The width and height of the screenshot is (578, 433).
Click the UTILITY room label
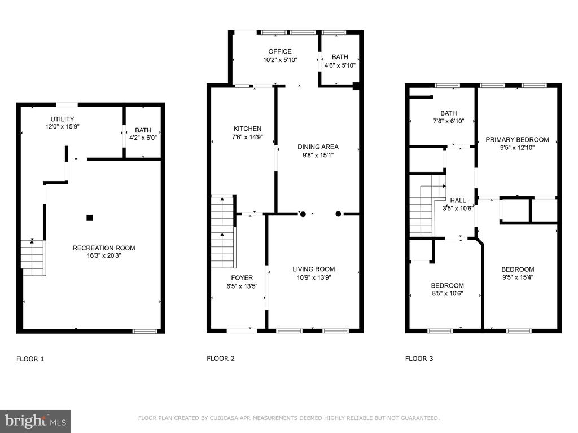(x=62, y=119)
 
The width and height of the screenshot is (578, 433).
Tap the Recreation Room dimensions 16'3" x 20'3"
(x=104, y=255)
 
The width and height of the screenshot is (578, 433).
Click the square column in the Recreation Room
(x=90, y=218)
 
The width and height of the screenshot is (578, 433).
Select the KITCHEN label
(x=247, y=129)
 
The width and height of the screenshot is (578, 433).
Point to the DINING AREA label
(x=318, y=147)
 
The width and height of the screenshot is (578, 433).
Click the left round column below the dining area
(x=303, y=214)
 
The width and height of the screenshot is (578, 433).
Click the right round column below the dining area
(x=338, y=214)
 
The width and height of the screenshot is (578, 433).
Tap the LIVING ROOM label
(x=314, y=269)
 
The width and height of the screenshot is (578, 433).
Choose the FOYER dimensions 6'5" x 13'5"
(x=242, y=286)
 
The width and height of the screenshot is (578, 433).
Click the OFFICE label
(x=280, y=51)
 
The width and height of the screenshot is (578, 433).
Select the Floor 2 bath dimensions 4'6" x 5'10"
(x=340, y=65)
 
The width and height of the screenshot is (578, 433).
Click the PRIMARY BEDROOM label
(x=517, y=140)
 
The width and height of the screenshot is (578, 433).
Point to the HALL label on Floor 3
(x=458, y=200)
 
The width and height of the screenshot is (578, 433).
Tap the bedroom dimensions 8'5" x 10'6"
(x=448, y=293)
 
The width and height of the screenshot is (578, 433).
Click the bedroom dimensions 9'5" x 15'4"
(x=518, y=277)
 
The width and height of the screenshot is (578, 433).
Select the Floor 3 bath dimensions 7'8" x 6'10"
(x=449, y=121)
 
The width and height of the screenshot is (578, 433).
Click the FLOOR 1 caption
(x=30, y=359)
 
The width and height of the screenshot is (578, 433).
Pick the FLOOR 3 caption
(x=419, y=359)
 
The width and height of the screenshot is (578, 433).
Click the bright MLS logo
(x=36, y=421)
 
